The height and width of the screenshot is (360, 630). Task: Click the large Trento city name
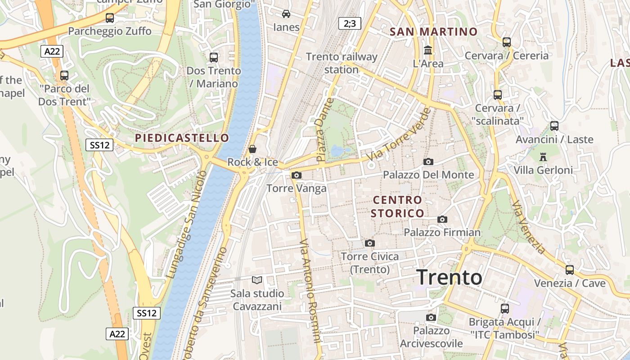tap(450, 277)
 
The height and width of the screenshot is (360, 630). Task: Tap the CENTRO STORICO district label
tap(397, 207)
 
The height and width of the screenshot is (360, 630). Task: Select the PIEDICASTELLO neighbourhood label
tap(182, 138)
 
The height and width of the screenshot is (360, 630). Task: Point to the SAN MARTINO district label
tap(433, 31)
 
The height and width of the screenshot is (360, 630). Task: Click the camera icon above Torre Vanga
tap(297, 175)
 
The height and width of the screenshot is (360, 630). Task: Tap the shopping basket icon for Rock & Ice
tap(252, 148)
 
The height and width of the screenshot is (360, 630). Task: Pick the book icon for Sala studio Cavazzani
tap(257, 280)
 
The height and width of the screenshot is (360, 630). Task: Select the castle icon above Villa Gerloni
tap(543, 157)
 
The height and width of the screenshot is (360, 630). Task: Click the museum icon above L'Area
tap(428, 50)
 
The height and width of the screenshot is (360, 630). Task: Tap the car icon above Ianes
tap(286, 13)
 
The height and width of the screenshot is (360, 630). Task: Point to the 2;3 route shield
tap(350, 23)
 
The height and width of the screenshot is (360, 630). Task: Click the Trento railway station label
tap(342, 63)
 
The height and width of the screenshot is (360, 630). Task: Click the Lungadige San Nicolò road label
tap(186, 224)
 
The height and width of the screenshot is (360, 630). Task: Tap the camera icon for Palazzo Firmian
tap(442, 219)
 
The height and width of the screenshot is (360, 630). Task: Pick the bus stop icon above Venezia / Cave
tap(570, 270)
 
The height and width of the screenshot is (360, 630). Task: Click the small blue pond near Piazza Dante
tap(337, 150)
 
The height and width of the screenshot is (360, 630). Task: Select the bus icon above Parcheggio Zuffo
tap(109, 18)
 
